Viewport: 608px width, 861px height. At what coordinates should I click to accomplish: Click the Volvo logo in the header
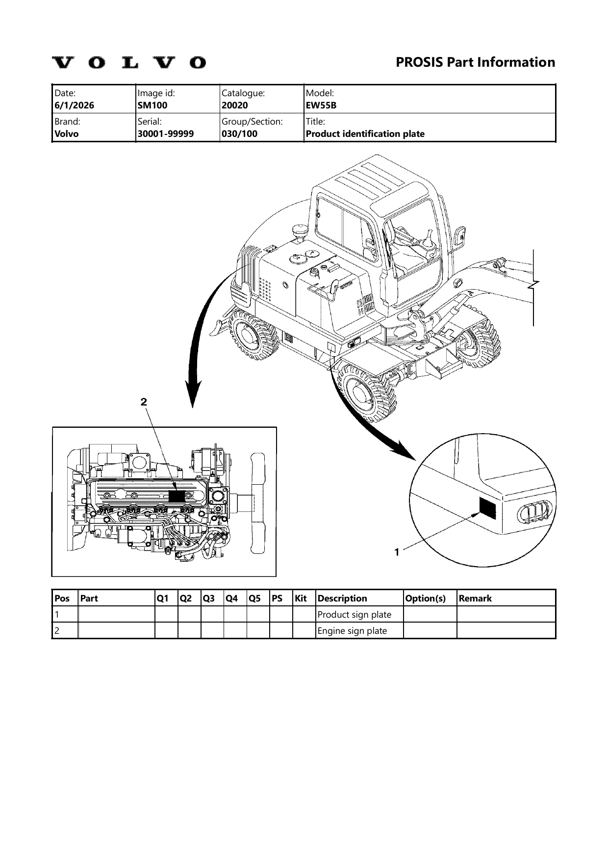point(129,63)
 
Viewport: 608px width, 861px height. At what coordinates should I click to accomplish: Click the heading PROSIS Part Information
point(475,62)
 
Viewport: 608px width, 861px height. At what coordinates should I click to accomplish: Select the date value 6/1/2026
point(75,105)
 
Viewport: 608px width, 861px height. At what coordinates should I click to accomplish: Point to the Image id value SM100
point(152,105)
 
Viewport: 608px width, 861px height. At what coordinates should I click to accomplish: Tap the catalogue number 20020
point(235,105)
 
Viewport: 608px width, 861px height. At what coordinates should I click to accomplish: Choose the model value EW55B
point(321,105)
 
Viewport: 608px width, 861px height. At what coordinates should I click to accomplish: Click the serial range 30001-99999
point(166,133)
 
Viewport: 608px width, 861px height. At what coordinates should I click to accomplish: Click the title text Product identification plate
point(365,133)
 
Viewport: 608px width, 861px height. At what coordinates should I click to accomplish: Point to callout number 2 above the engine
point(144,402)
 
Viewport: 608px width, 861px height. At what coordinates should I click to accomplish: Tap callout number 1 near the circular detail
point(397,552)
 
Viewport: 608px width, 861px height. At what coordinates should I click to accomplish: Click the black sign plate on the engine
point(177,496)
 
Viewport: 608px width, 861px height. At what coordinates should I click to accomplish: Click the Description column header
point(342,598)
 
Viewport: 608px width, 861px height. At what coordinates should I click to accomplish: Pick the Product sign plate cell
point(355,615)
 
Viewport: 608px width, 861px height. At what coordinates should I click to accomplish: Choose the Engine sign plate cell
point(353,631)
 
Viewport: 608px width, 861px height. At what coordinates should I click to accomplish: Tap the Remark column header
point(475,598)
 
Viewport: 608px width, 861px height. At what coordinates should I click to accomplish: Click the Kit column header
point(301,598)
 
